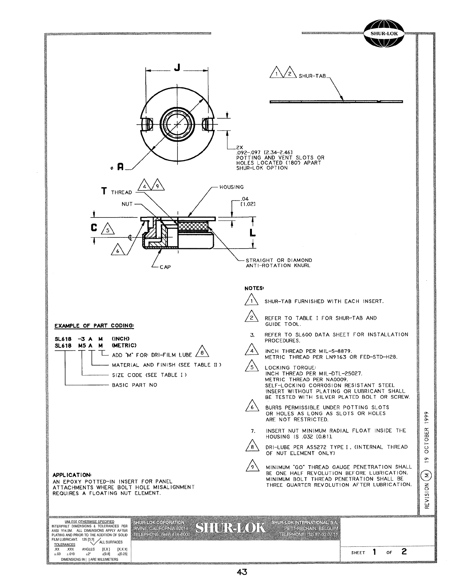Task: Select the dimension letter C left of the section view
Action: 94,228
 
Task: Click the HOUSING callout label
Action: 232,187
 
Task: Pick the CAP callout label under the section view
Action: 165,267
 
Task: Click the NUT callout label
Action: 127,204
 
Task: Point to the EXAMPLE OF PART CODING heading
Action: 94,326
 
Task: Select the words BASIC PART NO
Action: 135,385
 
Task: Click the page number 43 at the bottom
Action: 242,572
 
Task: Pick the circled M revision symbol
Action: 427,474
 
